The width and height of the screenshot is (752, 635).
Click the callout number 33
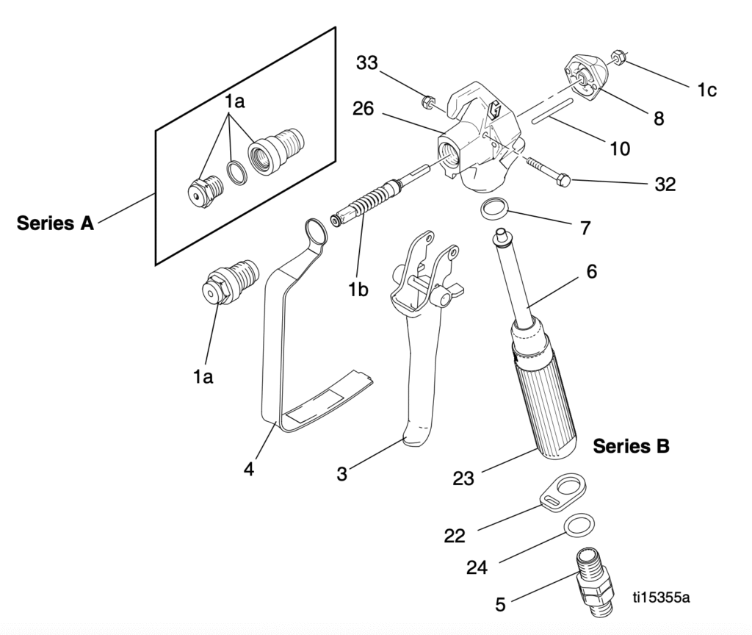pyautogui.click(x=366, y=64)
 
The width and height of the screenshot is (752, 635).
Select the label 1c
pyautogui.click(x=706, y=90)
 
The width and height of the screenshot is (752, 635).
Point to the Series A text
pyautogui.click(x=56, y=224)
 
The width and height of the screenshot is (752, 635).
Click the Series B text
pyautogui.click(x=631, y=446)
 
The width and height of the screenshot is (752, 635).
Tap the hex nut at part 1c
pyautogui.click(x=618, y=57)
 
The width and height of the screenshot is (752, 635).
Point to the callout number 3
pyautogui.click(x=341, y=475)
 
